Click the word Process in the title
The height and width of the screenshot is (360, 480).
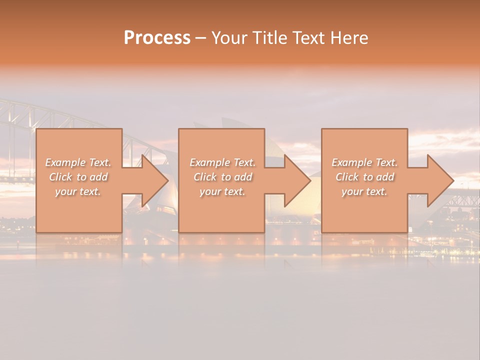pyautogui.click(x=157, y=38)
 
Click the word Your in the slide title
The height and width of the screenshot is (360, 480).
pyautogui.click(x=229, y=38)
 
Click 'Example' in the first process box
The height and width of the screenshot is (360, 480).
pyautogui.click(x=65, y=162)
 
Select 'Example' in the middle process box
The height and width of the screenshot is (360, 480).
pyautogui.click(x=210, y=162)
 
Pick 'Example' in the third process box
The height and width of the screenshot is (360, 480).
pyautogui.click(x=352, y=162)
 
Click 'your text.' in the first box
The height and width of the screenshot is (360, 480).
pyautogui.click(x=78, y=191)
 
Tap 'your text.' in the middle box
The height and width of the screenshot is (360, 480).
pyautogui.click(x=222, y=191)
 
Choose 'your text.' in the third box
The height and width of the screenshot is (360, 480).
pyautogui.click(x=364, y=191)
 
